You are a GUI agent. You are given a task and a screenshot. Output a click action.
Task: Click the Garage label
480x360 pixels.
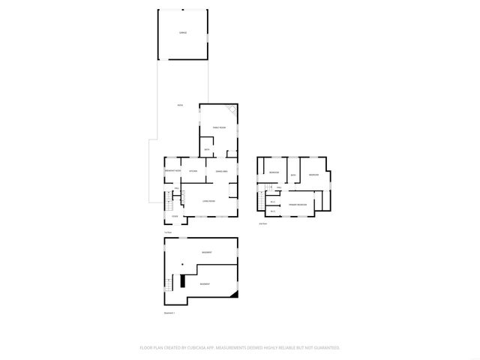pyautogui.click(x=182, y=34)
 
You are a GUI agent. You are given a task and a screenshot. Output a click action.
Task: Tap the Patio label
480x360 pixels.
pyautogui.click(x=179, y=104)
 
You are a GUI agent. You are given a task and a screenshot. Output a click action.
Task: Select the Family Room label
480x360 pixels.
pyautogui.click(x=219, y=128)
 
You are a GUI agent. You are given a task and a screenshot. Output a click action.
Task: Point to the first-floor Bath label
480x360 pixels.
pyautogui.click(x=207, y=150)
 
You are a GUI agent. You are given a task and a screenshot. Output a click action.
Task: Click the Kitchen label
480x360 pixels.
pyautogui.click(x=193, y=172)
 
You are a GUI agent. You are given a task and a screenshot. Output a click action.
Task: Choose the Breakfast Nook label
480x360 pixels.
pyautogui.click(x=173, y=172)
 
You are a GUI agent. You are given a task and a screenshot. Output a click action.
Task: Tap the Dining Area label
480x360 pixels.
pyautogui.click(x=221, y=172)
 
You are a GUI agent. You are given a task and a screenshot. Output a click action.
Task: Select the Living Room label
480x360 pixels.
pyautogui.click(x=208, y=201)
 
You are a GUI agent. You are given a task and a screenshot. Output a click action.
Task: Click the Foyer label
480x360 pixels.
pyautogui.click(x=174, y=217)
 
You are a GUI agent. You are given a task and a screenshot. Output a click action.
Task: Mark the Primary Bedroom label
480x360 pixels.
pyautogui.click(x=298, y=204)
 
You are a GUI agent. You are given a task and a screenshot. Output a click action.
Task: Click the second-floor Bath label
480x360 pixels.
pyautogui.click(x=294, y=175)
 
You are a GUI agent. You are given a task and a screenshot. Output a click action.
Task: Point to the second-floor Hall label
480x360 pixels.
pyautogui.click(x=279, y=187)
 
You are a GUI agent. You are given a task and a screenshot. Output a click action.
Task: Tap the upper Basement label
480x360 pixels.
pyautogui.click(x=205, y=253)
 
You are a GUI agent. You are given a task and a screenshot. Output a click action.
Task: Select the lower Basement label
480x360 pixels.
pyautogui.click(x=205, y=284)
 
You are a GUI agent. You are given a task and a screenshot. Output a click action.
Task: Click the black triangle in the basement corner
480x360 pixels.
pyautogui.click(x=234, y=295)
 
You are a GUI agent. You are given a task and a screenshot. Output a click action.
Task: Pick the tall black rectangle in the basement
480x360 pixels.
pyautogui.click(x=182, y=282)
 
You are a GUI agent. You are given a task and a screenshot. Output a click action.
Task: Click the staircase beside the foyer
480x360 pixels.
pyautogui.click(x=170, y=203)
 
